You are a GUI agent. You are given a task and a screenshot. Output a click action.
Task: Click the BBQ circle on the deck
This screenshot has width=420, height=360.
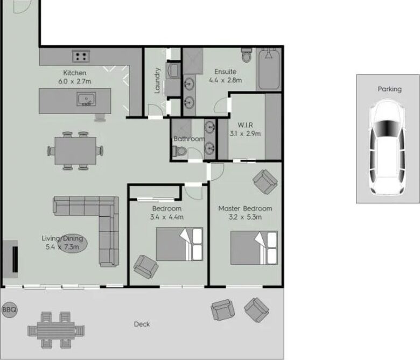[x=9, y=309]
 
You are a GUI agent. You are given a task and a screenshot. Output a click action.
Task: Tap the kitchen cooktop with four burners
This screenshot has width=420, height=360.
[x=81, y=56]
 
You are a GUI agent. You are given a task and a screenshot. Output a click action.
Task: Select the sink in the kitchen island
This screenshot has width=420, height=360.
[x=86, y=99]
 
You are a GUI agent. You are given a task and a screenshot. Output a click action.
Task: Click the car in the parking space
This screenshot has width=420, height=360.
[x=387, y=147]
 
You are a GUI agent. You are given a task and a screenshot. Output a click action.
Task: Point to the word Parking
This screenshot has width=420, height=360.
[x=390, y=89]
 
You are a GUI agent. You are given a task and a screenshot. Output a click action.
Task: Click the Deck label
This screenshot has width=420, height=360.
[x=142, y=324]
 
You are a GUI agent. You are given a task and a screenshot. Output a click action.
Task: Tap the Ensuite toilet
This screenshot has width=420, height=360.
[x=247, y=55]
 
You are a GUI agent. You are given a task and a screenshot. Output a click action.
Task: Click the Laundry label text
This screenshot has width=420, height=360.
[x=157, y=81]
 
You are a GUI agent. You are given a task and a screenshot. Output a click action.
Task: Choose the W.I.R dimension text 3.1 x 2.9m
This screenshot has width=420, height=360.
[x=245, y=133]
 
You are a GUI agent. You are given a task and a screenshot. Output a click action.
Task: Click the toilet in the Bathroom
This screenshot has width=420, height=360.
[x=179, y=151]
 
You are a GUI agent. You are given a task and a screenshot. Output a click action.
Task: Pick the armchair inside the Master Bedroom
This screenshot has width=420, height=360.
[x=265, y=182]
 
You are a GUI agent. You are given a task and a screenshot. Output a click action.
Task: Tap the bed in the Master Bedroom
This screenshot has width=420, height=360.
[x=254, y=248]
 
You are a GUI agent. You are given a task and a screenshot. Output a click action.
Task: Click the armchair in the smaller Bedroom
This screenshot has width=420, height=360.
[x=146, y=267]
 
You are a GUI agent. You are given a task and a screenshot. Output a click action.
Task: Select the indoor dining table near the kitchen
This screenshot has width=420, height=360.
[x=75, y=151]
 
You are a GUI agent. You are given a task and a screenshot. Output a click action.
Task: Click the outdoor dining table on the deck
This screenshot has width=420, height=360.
[x=56, y=330]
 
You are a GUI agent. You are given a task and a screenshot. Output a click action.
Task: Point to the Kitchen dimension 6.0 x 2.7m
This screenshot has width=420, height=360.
[x=75, y=81]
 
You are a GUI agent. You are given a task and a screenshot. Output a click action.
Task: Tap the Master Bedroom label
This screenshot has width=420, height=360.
[x=245, y=208]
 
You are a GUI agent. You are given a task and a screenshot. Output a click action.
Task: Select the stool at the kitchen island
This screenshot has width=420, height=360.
[x=100, y=117]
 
